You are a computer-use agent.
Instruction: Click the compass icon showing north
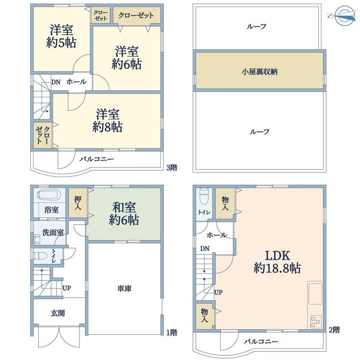click(x=343, y=16)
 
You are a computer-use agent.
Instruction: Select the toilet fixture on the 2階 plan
click(x=203, y=196)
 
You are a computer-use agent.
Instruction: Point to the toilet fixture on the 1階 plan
click(x=40, y=255)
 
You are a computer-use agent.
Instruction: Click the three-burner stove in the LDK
click(x=316, y=321)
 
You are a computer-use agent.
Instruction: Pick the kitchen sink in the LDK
click(x=315, y=294)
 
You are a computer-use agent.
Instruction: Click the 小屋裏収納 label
click(x=259, y=72)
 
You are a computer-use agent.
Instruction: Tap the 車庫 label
click(x=124, y=289)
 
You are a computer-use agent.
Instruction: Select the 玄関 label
click(x=58, y=313)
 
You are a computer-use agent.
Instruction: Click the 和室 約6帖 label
click(x=124, y=214)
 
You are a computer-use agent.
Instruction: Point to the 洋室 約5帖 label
click(x=61, y=36)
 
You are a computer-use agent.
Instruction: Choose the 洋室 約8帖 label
click(x=108, y=121)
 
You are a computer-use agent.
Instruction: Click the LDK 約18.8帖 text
click(x=277, y=262)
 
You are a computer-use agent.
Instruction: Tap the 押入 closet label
click(x=78, y=203)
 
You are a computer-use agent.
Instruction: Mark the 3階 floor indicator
click(x=172, y=168)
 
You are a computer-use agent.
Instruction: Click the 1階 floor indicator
click(x=172, y=333)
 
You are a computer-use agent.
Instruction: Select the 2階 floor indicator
click(x=334, y=330)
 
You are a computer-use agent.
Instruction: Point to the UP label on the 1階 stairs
click(x=67, y=288)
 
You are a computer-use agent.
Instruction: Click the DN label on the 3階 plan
click(x=56, y=82)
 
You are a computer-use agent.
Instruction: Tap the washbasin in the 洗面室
click(x=36, y=239)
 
